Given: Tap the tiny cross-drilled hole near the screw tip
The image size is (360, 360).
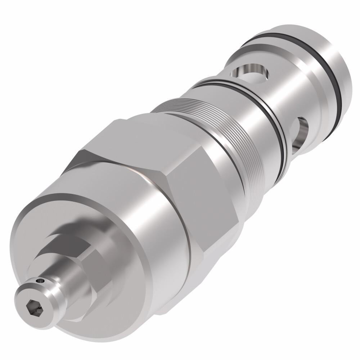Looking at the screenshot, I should (x=42, y=279).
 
